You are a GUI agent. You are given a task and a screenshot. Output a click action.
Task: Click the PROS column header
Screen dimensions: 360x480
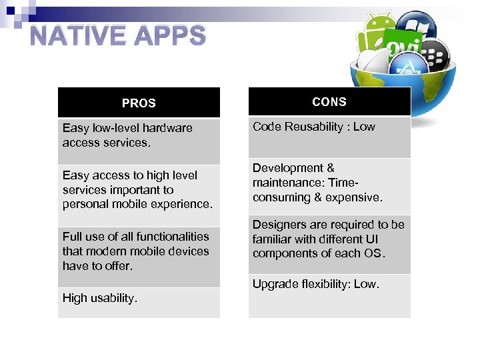(x=139, y=103)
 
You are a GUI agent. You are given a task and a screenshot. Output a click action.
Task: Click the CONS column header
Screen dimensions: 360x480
(x=329, y=102)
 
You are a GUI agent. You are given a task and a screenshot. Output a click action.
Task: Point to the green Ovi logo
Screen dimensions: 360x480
(x=403, y=47)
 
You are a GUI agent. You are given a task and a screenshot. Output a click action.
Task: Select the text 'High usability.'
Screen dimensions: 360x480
(x=100, y=298)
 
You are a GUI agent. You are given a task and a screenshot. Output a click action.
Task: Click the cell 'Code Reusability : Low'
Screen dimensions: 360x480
(x=314, y=127)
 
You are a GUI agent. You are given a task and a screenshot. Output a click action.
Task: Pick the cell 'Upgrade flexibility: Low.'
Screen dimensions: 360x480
(x=316, y=284)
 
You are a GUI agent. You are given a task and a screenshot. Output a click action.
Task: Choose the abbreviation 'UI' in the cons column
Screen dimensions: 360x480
(x=372, y=239)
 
